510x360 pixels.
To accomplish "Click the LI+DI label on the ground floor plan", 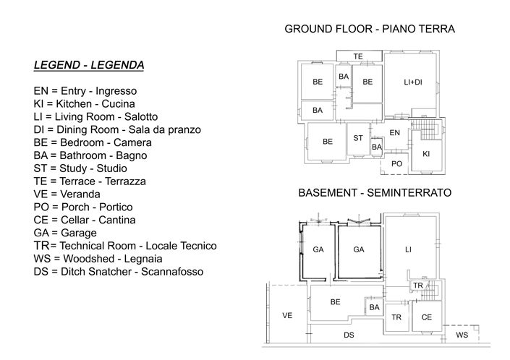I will point(412,82).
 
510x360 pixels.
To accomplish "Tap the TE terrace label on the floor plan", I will point(358,56).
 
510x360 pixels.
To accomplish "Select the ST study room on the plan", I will point(358,138).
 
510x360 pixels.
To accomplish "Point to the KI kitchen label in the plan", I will point(426,154).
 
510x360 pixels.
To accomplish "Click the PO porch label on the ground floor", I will point(396,164).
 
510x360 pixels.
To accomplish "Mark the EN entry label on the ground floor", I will point(394,133).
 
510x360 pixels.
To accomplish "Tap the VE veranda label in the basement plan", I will point(287,316).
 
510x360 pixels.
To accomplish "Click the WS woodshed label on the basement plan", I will point(462,335).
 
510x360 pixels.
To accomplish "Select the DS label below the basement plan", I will point(349,335).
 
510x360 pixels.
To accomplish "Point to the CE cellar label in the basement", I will point(426,317).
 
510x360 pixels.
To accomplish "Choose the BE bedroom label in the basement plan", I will point(335,302).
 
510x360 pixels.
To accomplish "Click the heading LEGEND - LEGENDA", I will point(88,65).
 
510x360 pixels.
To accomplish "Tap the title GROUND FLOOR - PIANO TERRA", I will point(370,30).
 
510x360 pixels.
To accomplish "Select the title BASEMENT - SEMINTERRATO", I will point(375,194).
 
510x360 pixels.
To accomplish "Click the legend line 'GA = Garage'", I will point(65,233).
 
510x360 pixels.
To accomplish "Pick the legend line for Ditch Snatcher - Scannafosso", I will point(118,272).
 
